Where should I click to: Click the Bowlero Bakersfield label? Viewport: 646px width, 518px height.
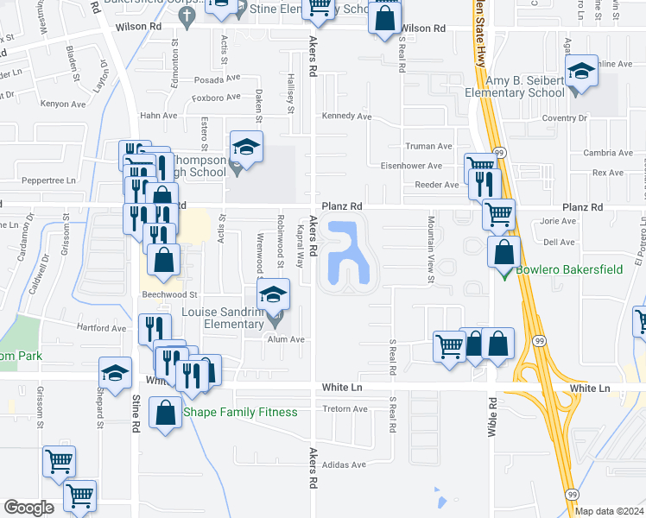569,269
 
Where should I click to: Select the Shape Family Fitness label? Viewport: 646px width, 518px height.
240,412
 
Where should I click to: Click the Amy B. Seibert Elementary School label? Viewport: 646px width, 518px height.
515,86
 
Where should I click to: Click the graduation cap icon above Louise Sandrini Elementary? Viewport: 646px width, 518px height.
273,296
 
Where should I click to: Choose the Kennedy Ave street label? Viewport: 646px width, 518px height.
346,117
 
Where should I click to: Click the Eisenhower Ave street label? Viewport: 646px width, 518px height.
413,166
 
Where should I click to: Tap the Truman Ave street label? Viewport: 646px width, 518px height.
429,146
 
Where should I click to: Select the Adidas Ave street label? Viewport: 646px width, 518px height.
344,464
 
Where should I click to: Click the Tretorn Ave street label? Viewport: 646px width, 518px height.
345,409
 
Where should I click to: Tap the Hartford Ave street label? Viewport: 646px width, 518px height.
101,328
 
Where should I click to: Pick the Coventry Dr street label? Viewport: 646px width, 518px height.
566,117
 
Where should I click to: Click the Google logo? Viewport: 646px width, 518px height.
29,508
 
